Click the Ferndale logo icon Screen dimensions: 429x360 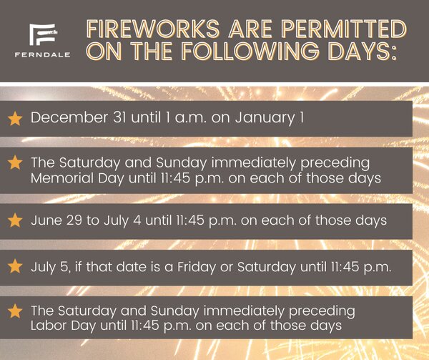43,34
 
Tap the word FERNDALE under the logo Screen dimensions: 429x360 43,55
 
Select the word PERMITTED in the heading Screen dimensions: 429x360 344,29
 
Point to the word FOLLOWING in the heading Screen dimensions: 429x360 251,51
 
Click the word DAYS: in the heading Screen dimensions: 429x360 363,51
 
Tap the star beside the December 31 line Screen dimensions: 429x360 15,119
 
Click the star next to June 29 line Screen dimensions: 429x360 15,220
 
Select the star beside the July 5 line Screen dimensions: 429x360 15,266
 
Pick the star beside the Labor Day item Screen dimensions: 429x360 15,311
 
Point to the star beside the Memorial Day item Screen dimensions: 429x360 15,162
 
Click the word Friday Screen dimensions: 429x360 197,267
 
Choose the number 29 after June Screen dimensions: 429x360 74,220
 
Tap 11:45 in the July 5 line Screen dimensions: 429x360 345,266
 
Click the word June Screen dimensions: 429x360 46,220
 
